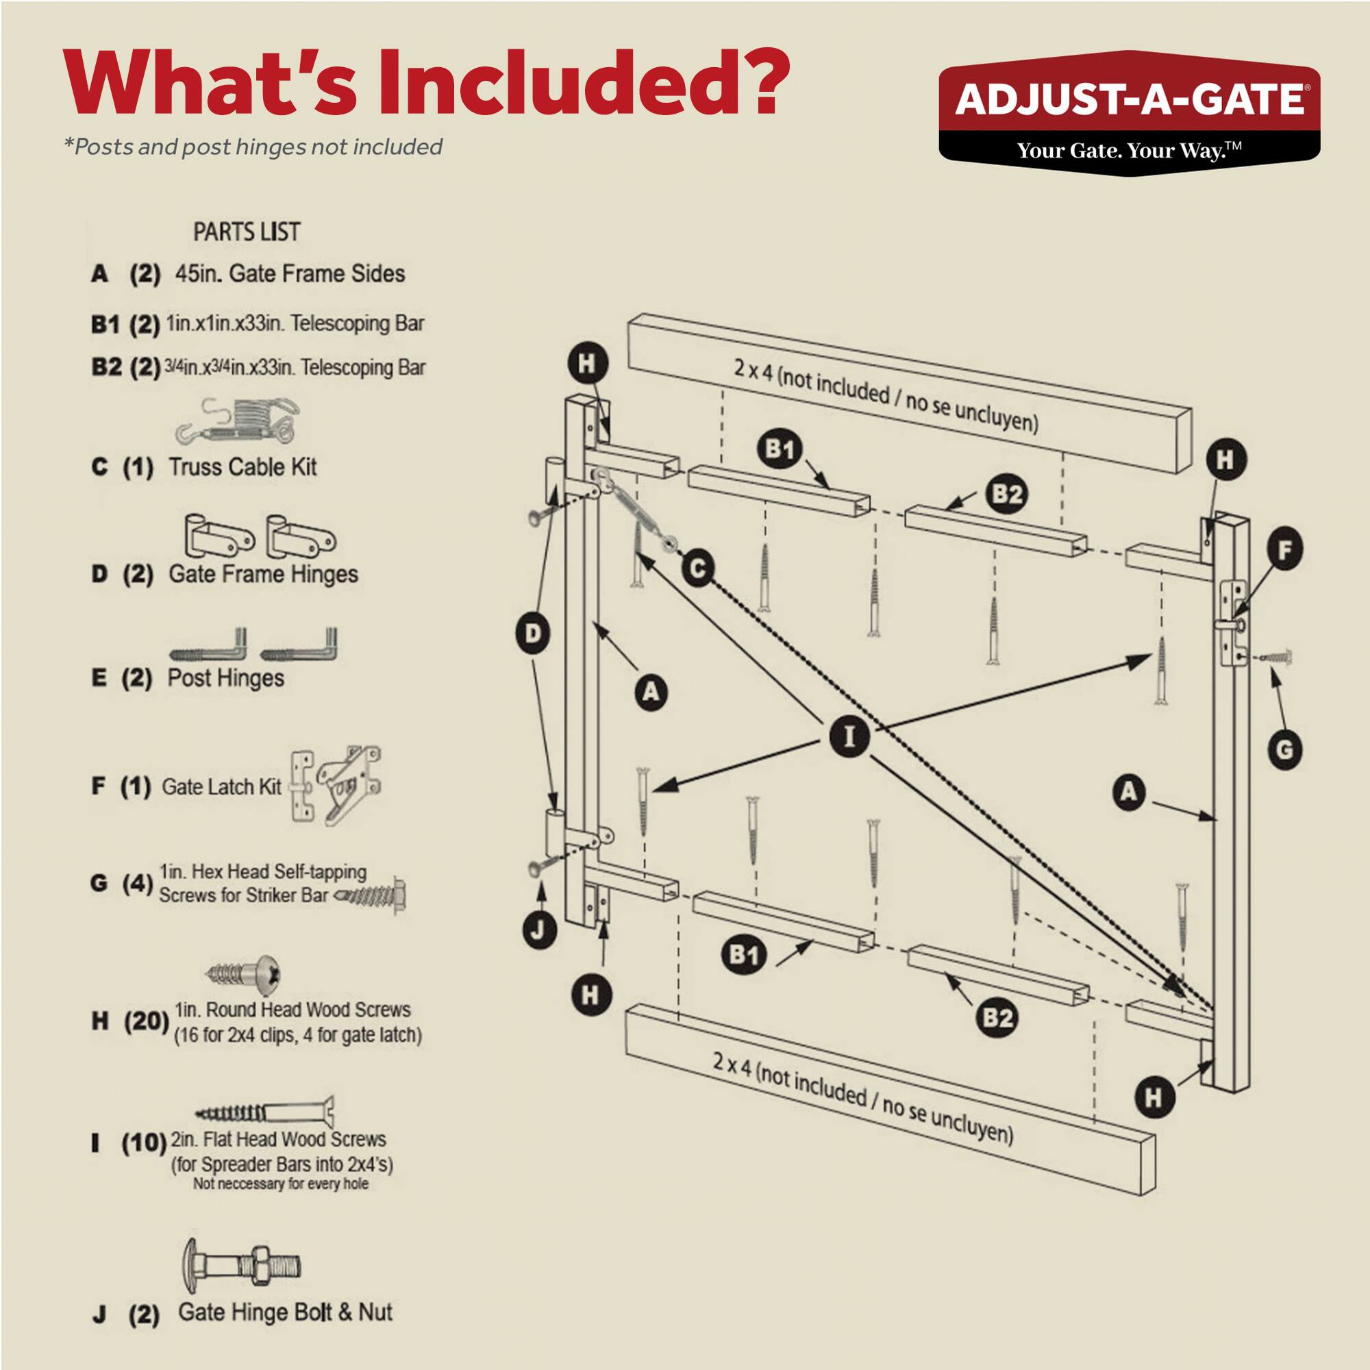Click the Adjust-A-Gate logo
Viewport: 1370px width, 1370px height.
coord(1129,113)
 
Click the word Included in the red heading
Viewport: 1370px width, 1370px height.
coord(583,84)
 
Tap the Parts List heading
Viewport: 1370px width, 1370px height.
coord(247,232)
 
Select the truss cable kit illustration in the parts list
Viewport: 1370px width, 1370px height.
coord(237,421)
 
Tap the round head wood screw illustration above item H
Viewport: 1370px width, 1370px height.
coord(245,973)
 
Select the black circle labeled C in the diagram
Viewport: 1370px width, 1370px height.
coord(698,569)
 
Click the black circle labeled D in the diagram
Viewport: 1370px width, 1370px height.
coord(533,633)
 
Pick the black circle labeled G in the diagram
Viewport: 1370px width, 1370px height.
coord(1284,749)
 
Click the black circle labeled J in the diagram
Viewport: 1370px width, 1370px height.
coord(538,930)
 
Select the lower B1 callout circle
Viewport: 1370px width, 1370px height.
coord(743,955)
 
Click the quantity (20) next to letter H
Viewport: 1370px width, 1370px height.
coord(146,1022)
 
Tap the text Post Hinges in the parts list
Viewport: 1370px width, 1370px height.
coord(225,678)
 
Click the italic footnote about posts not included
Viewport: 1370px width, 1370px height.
coord(253,147)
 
